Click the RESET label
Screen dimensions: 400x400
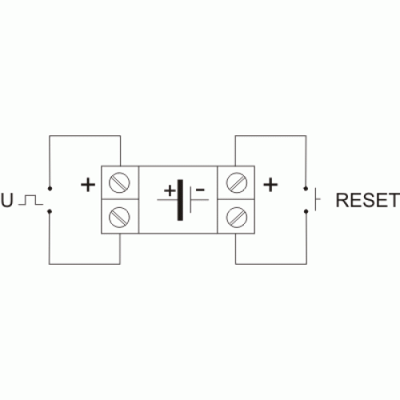pos(368,200)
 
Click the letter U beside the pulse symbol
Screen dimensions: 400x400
pos(7,200)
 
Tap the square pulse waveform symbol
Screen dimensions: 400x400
pos(30,200)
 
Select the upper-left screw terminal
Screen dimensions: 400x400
pos(119,182)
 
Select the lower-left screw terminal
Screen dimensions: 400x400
pos(119,217)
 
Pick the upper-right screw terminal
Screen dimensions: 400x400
pos(237,182)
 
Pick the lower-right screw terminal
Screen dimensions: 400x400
pos(237,217)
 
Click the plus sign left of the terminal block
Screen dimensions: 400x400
pos(88,185)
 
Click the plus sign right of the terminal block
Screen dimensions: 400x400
pos(270,185)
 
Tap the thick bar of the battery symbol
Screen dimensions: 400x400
pos(180,200)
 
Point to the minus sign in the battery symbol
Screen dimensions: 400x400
pos(200,190)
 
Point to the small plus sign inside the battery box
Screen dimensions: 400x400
pos(170,190)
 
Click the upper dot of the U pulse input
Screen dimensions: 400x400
pos(50,189)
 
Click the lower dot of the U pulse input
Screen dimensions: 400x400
pos(50,211)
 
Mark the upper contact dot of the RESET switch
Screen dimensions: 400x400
pos(306,189)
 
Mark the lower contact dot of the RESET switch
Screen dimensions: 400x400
pos(306,211)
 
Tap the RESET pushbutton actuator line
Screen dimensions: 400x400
pos(316,199)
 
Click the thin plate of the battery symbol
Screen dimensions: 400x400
pos(190,200)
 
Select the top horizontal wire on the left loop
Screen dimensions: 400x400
pos(85,136)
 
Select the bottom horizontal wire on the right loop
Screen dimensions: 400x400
pos(271,264)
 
